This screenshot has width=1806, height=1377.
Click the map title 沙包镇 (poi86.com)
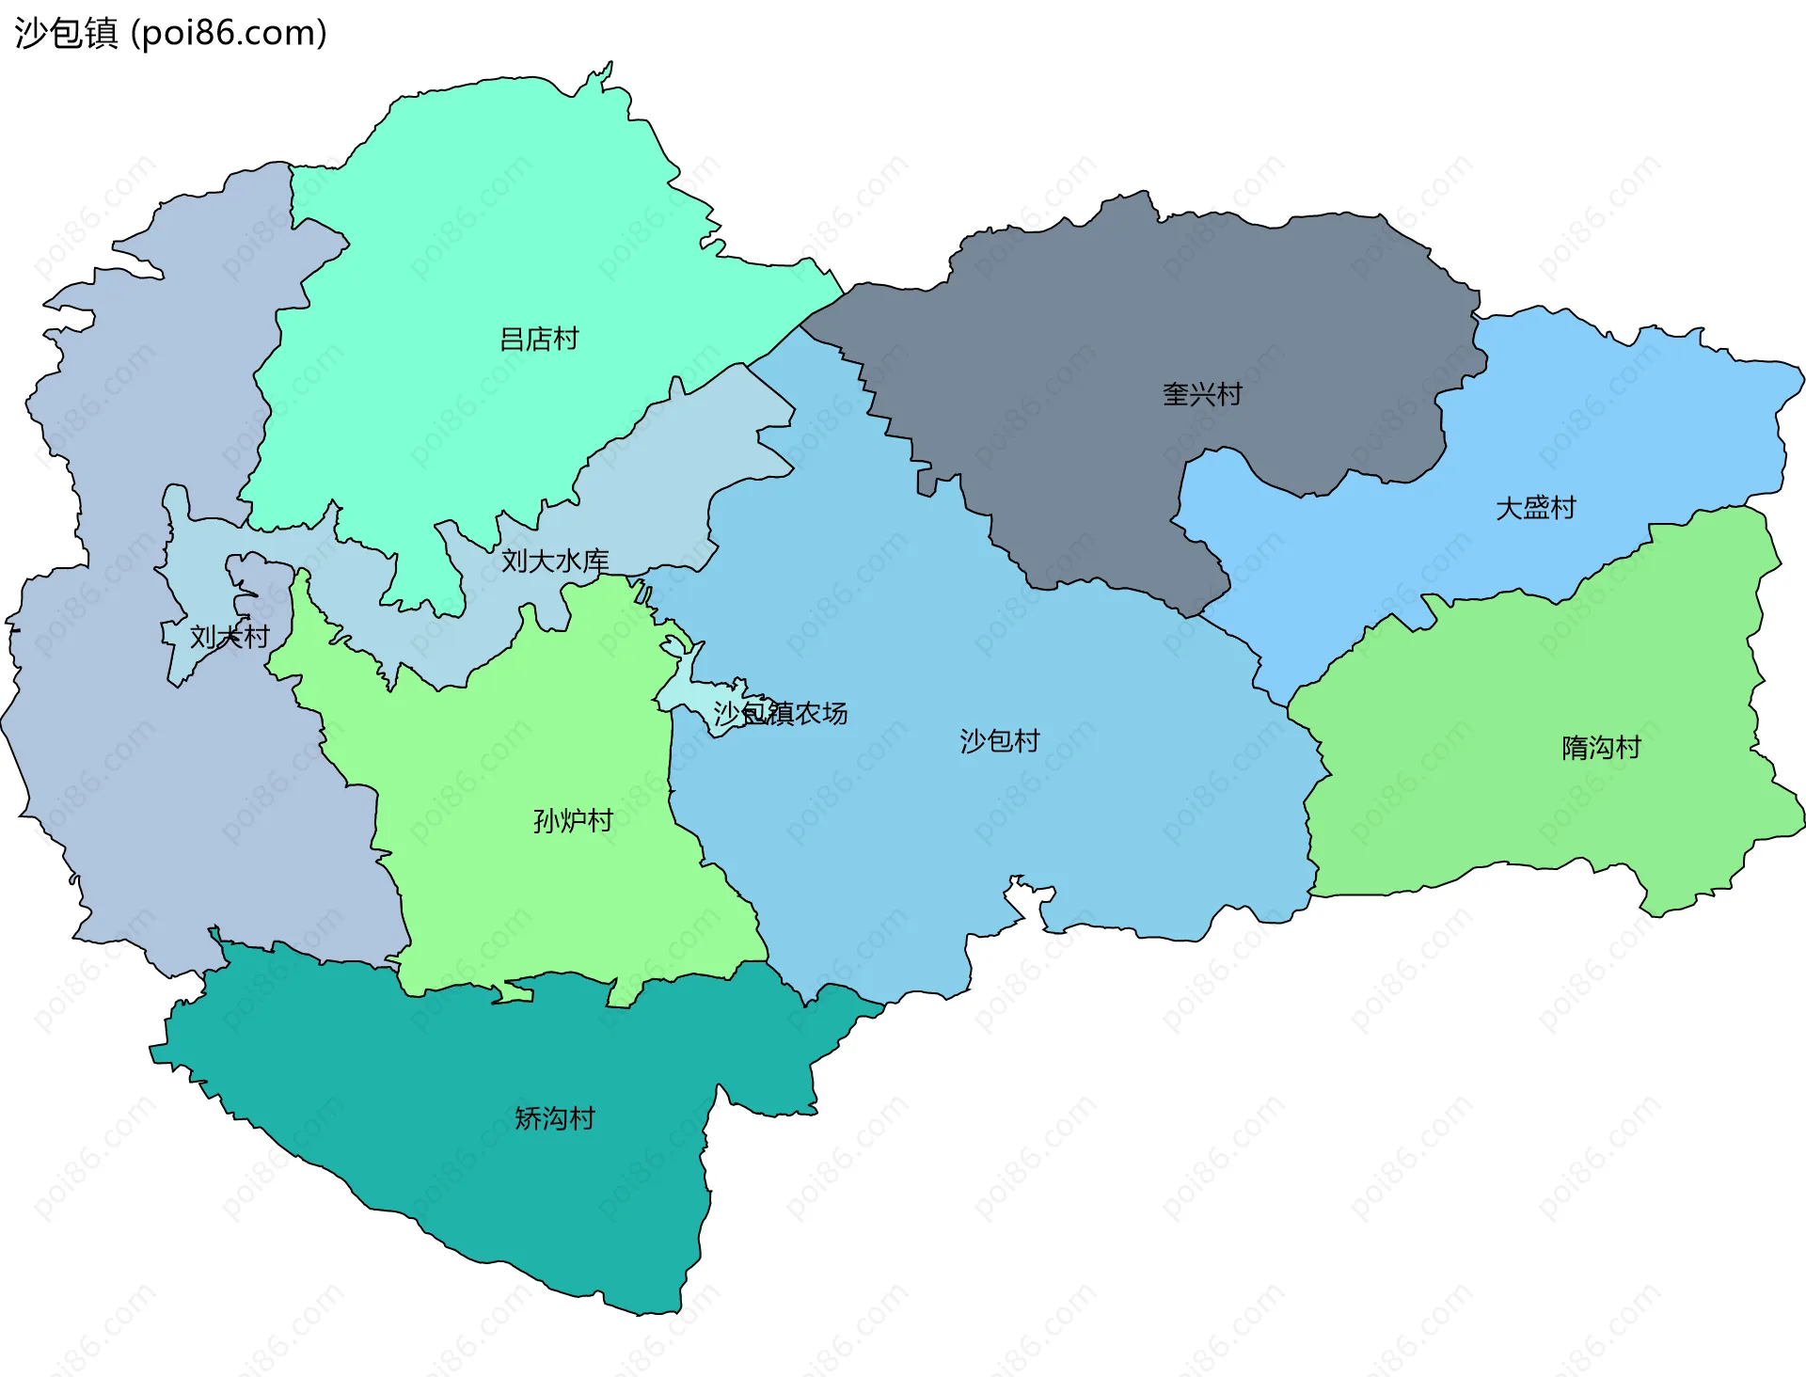[169, 33]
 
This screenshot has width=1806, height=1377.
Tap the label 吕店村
[538, 339]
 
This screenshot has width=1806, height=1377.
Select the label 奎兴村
[1202, 394]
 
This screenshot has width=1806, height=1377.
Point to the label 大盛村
[1535, 508]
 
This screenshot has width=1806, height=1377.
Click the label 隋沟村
[1601, 748]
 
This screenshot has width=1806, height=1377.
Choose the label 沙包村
[999, 741]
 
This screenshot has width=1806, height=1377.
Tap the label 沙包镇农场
[780, 713]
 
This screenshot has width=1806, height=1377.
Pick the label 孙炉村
[573, 821]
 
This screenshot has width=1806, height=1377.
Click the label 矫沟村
[554, 1118]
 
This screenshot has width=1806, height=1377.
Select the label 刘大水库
[555, 561]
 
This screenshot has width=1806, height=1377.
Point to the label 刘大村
[230, 637]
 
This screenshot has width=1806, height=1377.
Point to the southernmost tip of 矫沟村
[649, 1311]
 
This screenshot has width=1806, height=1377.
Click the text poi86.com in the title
[229, 33]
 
